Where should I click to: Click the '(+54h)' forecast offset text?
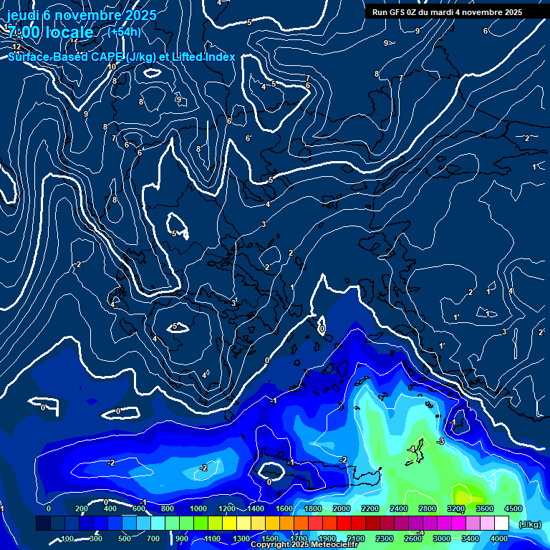coord(124,32)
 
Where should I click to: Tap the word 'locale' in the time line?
coord(67,32)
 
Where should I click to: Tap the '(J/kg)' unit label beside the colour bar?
coord(529,525)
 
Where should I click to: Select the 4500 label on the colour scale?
coord(513,508)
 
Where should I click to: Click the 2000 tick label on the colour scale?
coord(342,508)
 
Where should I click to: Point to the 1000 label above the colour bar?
coord(198,508)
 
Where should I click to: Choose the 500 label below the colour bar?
coord(125,539)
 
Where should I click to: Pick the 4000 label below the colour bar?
coord(499,539)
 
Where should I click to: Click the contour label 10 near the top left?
coord(112,67)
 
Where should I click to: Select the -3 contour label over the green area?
coord(441,441)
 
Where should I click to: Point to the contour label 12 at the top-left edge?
coord(16,47)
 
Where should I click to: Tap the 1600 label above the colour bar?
coord(284,508)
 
